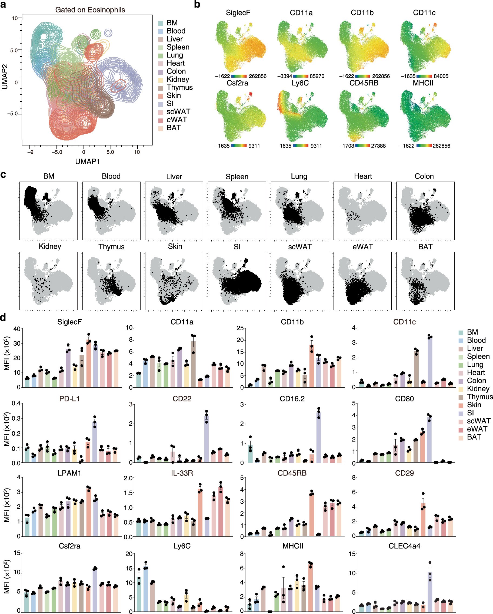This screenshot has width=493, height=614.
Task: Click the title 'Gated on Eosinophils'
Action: [x=90, y=10]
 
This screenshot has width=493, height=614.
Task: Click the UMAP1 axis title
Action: [x=87, y=161]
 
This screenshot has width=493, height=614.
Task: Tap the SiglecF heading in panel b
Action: [x=238, y=13]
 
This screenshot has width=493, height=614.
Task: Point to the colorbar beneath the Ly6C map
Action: [x=301, y=146]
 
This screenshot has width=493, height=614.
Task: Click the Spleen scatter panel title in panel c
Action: [x=237, y=177]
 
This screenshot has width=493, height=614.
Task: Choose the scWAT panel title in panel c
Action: [x=300, y=247]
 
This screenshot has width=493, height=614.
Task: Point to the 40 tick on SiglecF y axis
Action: [x=17, y=329]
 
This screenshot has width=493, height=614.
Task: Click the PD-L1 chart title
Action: [x=69, y=399]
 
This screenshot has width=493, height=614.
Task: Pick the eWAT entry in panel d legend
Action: [x=477, y=429]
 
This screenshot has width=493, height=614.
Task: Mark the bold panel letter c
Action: [x=4, y=174]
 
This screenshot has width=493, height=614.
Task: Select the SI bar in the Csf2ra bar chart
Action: [x=95, y=590]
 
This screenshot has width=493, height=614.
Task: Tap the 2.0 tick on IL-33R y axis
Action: [x=129, y=478]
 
